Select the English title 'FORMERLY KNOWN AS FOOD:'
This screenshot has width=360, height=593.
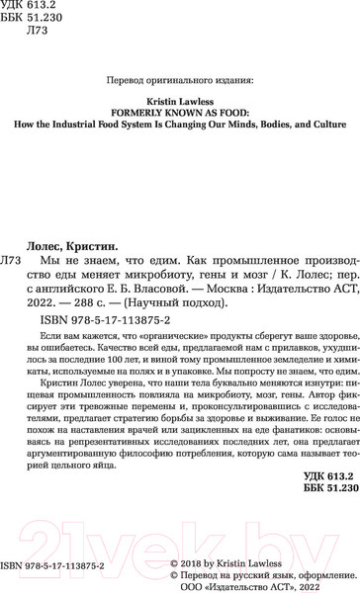click(180, 113)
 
